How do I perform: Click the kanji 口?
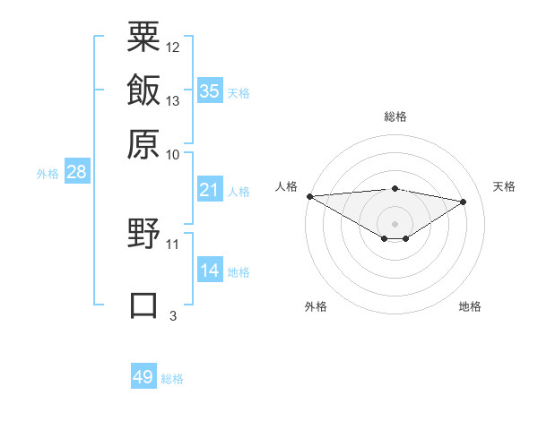click(143, 305)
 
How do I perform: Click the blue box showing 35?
click(210, 91)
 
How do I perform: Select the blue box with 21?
click(210, 190)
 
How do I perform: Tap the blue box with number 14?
click(210, 271)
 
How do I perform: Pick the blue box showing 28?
click(76, 173)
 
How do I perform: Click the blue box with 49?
click(143, 377)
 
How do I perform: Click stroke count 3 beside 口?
click(173, 315)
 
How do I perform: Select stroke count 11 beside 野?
click(173, 244)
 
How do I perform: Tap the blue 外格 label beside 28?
click(48, 174)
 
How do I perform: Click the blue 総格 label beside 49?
click(172, 379)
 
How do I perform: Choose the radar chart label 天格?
click(504, 186)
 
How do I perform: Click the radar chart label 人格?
click(287, 186)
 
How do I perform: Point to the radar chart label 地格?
click(470, 306)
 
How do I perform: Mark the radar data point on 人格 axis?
click(309, 196)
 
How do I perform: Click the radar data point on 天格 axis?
click(464, 202)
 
